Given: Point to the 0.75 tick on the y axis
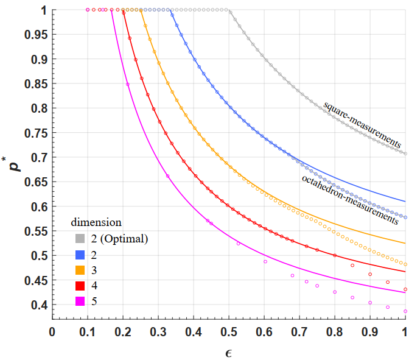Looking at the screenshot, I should (x=36, y=133).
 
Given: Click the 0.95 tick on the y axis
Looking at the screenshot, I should (x=36, y=35).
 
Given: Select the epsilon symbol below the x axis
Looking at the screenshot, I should (x=229, y=351).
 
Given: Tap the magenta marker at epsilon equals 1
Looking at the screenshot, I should (x=405, y=311).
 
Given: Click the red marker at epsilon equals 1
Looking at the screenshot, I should (x=405, y=289).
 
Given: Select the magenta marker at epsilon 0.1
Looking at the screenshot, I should (x=88, y=10).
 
